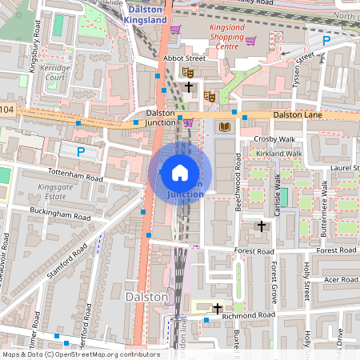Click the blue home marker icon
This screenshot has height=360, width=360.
[180, 172]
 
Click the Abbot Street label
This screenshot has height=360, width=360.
[184, 58]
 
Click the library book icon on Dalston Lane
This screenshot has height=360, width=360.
[225, 126]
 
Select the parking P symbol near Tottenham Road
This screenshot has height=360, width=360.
[80, 150]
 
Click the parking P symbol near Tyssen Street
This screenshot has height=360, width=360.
[326, 40]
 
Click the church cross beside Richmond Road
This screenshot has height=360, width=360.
[217, 308]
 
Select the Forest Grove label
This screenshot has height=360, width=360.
[274, 276]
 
